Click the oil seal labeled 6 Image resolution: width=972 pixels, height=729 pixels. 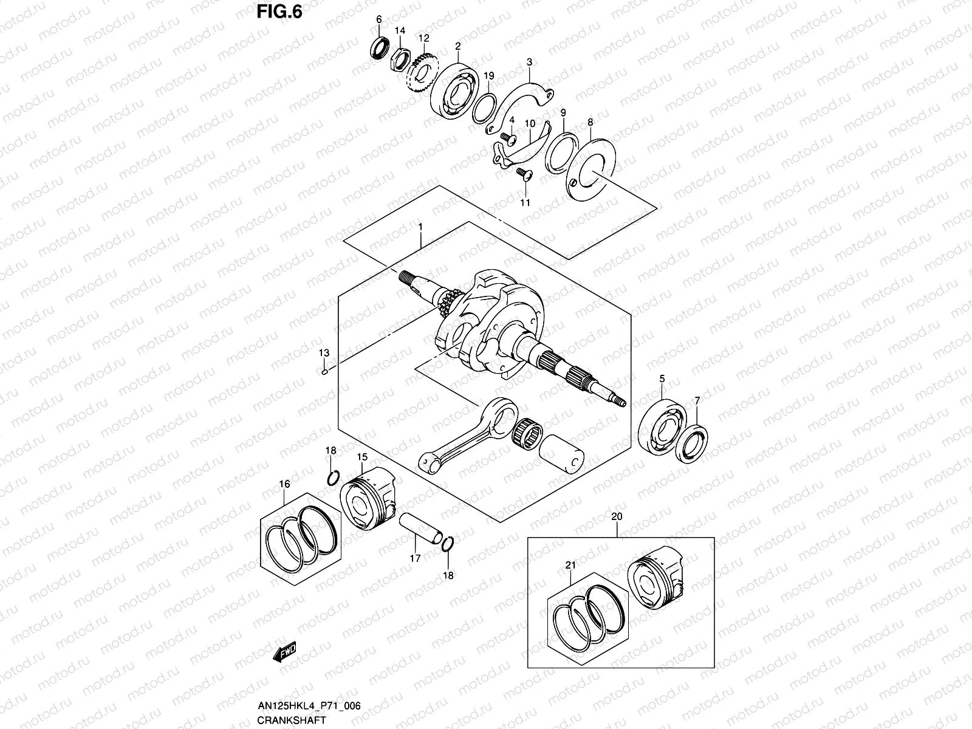[382, 47]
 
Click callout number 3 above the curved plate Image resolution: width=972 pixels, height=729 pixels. [529, 62]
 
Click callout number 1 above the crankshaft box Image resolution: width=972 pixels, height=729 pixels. [420, 226]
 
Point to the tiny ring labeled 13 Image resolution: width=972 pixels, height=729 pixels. [325, 372]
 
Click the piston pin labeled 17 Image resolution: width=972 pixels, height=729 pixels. [420, 529]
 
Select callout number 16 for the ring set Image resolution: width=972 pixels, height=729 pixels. [284, 484]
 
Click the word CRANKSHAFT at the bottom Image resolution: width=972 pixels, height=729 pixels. [290, 720]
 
